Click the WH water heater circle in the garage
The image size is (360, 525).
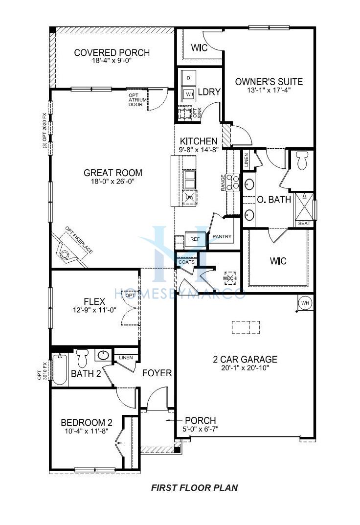coord(305,303)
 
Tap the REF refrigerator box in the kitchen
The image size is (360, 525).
coord(195,239)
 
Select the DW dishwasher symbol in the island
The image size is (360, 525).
coord(189,197)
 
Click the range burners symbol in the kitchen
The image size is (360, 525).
coord(233,182)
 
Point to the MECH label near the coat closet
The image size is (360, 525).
coord(230,278)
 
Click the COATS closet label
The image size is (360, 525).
coord(186,262)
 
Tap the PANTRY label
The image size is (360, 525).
coord(222,236)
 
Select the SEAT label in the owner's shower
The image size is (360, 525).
coord(304,223)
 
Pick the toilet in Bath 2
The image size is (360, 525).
coord(82,358)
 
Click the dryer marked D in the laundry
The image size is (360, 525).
coord(189,78)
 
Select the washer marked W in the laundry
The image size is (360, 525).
coord(189,94)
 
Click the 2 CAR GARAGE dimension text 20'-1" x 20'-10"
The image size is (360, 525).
coord(245,367)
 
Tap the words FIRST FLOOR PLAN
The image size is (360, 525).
coord(194,487)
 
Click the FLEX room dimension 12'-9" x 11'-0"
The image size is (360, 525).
coord(94,310)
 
